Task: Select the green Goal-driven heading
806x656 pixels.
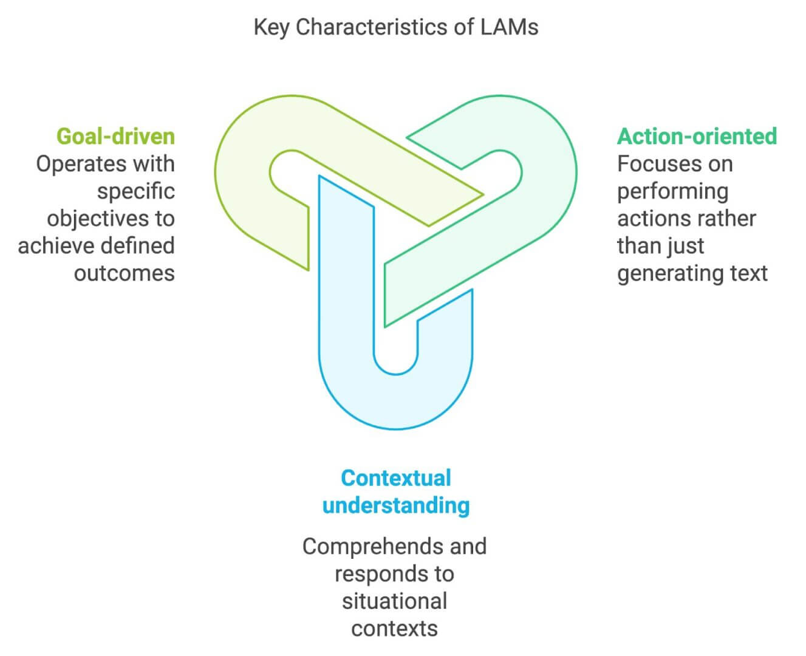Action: click(115, 136)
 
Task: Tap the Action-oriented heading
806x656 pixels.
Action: click(697, 136)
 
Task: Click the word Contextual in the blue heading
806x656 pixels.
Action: click(395, 478)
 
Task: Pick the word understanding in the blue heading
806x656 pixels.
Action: click(395, 505)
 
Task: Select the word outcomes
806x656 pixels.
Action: click(124, 273)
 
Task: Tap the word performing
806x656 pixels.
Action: click(672, 192)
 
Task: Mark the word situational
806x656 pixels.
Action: click(394, 601)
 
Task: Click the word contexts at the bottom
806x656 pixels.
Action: click(394, 629)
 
